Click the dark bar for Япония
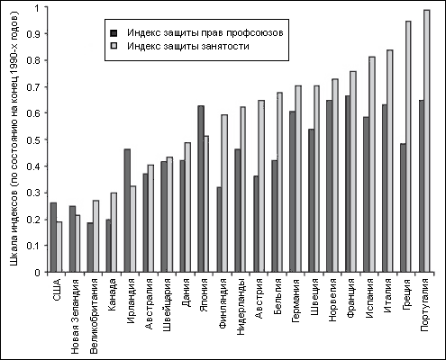click(x=201, y=189)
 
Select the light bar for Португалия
click(x=427, y=141)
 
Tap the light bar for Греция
click(x=408, y=147)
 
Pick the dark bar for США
click(x=53, y=238)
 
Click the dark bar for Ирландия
click(x=127, y=211)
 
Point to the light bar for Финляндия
click(x=224, y=193)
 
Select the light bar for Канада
click(x=114, y=232)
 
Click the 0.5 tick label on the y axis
click(x=33, y=139)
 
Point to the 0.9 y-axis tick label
click(x=33, y=34)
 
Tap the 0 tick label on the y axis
click(x=37, y=273)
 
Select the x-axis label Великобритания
click(x=94, y=316)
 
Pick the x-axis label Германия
click(x=296, y=301)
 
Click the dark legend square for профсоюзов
click(x=114, y=32)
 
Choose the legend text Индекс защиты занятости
click(x=188, y=47)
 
